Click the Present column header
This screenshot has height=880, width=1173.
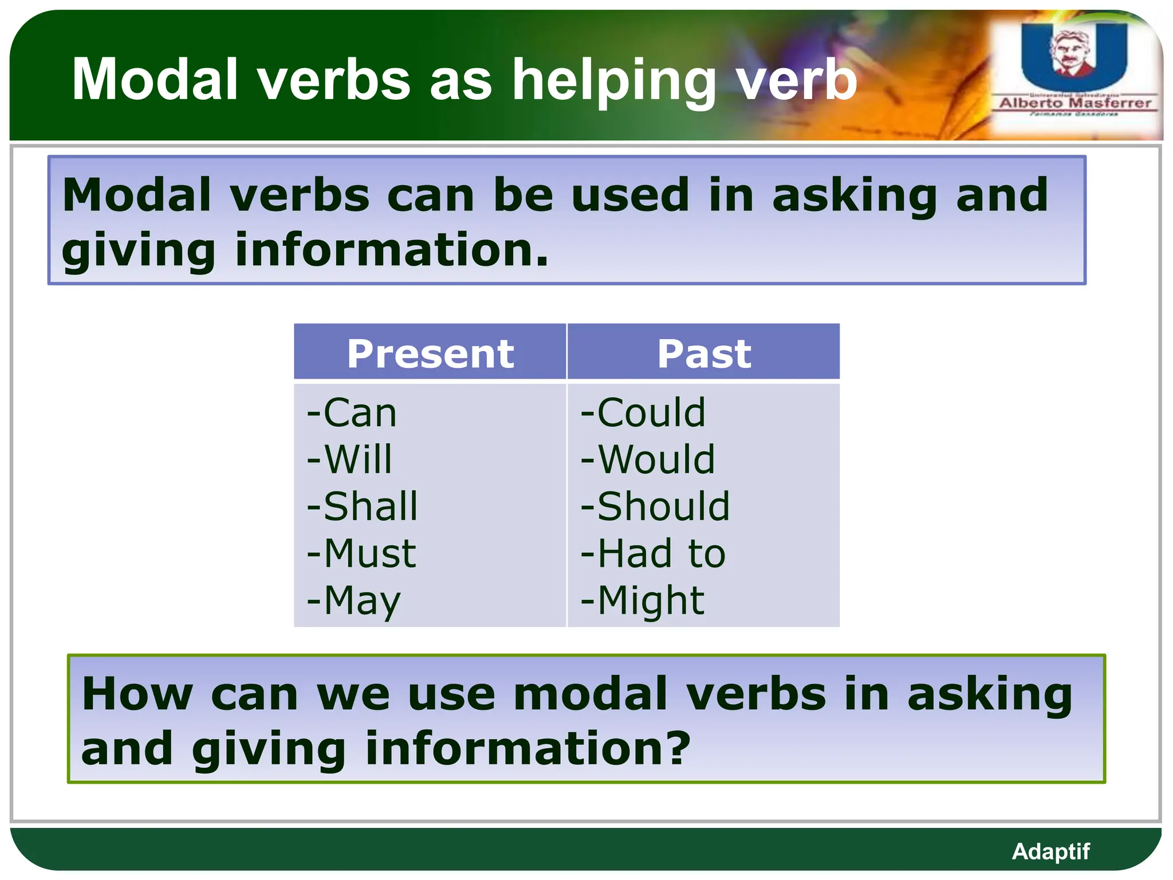tap(430, 353)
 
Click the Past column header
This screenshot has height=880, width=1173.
tap(703, 353)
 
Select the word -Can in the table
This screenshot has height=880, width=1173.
tap(352, 412)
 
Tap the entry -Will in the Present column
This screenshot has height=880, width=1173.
tap(349, 459)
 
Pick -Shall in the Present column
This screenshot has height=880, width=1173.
tap(362, 506)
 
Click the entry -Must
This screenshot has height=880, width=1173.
tap(361, 553)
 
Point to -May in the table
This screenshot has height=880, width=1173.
tap(353, 602)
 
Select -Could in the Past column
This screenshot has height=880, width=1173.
tap(643, 412)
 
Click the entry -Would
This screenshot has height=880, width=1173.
tap(647, 459)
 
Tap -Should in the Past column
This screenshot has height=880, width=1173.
tap(655, 506)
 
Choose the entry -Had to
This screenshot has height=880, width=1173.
tap(653, 553)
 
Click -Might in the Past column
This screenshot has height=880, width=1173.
tap(642, 600)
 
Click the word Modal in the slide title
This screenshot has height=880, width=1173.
tap(155, 80)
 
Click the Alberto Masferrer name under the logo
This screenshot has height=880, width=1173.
tap(1075, 103)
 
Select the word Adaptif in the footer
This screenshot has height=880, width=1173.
tap(1050, 851)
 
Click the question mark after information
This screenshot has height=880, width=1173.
tap(679, 748)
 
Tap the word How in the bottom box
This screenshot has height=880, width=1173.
tap(137, 694)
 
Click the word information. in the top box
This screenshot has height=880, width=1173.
tap(391, 251)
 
